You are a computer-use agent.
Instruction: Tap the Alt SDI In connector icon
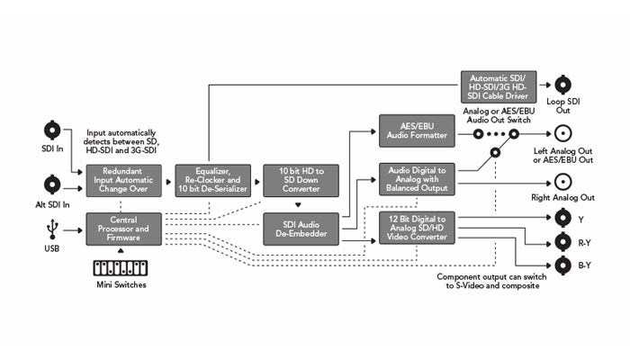[52, 184]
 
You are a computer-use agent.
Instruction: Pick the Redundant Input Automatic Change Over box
[123, 181]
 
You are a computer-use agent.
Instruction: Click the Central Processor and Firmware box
[123, 229]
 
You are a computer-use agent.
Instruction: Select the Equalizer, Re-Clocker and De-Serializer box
[211, 181]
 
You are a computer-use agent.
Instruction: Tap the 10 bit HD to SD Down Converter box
[300, 181]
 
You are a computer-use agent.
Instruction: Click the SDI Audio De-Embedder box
[300, 229]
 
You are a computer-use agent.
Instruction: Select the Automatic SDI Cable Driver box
[498, 85]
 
